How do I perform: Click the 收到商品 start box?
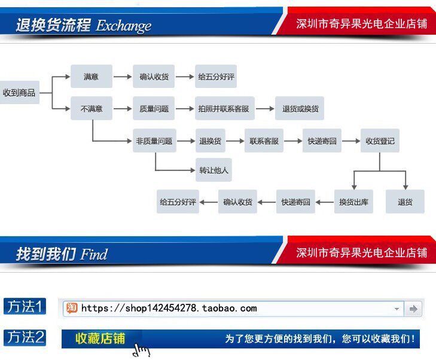[19, 93]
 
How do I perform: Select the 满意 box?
[91, 77]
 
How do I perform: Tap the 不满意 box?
[92, 109]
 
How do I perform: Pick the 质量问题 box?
[154, 109]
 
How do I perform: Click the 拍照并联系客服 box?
[224, 109]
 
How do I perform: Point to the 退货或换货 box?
[300, 109]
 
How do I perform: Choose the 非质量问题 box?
[154, 141]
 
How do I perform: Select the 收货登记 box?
[380, 141]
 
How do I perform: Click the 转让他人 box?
[214, 170]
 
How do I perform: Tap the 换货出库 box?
[353, 202]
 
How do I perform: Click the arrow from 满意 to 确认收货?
[122, 77]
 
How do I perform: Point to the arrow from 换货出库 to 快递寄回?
[324, 202]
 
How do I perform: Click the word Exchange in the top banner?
[124, 26]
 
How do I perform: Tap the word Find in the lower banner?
[94, 254]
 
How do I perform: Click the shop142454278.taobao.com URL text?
[169, 309]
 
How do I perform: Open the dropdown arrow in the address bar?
[397, 309]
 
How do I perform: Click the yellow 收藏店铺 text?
[100, 338]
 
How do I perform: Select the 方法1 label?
[25, 307]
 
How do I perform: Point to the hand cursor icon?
[141, 350]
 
